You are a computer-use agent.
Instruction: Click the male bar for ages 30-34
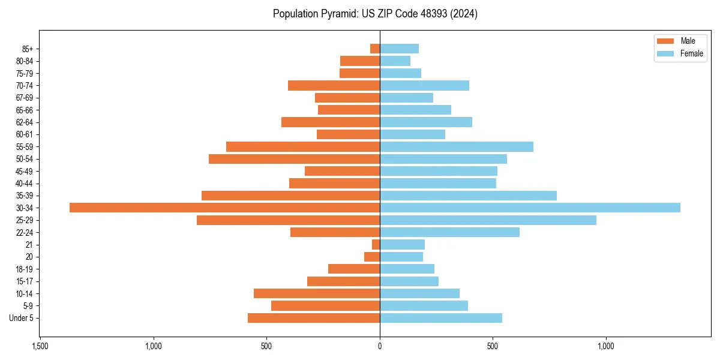click(x=224, y=208)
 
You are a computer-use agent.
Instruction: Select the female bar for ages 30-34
click(x=530, y=208)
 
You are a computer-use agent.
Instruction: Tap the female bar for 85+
click(x=399, y=49)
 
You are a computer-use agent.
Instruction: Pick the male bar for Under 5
click(x=314, y=318)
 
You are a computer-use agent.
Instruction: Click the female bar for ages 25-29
click(x=488, y=220)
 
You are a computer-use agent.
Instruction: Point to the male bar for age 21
click(x=376, y=245)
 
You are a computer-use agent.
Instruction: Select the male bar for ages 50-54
click(x=294, y=159)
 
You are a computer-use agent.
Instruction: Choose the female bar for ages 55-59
click(x=456, y=147)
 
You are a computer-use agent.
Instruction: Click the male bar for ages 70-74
click(x=334, y=86)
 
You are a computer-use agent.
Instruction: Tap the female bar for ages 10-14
click(x=419, y=293)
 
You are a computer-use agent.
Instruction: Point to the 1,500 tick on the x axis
click(x=40, y=347)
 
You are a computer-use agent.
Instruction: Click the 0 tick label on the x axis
click(x=380, y=347)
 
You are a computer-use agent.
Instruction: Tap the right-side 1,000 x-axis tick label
click(x=606, y=347)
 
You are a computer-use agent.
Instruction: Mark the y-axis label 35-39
click(x=25, y=196)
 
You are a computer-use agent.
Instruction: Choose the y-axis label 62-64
click(x=25, y=122)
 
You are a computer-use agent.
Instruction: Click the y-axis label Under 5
click(x=22, y=318)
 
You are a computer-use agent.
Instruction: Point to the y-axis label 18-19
click(x=25, y=269)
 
